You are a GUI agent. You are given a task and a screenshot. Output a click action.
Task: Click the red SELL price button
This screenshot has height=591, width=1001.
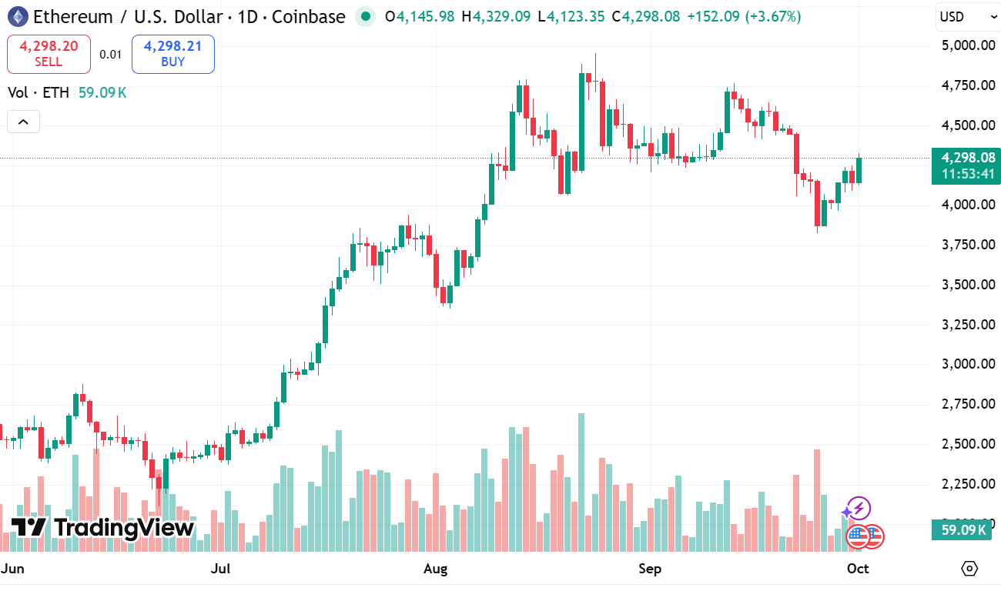pos(49,54)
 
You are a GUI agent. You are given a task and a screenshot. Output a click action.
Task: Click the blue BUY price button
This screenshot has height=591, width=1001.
pos(172,54)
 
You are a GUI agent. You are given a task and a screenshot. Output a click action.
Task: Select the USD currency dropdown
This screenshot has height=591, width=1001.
pos(967,16)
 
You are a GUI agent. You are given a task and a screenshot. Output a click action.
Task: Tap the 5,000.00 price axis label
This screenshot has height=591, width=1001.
pos(968,45)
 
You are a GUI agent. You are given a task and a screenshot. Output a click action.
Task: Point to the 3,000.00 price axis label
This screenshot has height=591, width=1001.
pos(968,364)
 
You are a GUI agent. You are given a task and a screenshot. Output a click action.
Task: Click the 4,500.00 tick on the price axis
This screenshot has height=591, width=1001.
pos(968,125)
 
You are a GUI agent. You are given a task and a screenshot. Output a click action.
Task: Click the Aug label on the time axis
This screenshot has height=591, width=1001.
pos(436,569)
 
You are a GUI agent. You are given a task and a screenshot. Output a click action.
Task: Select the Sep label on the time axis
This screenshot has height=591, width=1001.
pos(651,569)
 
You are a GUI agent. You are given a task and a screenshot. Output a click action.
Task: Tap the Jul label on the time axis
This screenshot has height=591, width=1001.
pos(221,569)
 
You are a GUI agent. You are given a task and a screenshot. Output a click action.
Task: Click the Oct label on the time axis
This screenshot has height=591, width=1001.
pos(858,569)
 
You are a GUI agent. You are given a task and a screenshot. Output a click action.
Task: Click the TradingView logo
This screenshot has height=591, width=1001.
pos(102,528)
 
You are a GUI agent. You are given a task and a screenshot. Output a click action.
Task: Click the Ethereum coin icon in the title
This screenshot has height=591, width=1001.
pos(17,16)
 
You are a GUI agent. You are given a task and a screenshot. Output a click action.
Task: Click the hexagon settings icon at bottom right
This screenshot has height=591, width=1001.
pos(969,569)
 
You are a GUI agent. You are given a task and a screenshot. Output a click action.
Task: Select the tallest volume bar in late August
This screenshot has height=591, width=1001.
pos(581,482)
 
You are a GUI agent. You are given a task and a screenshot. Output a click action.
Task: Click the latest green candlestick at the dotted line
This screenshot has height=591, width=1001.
pos(859,170)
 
